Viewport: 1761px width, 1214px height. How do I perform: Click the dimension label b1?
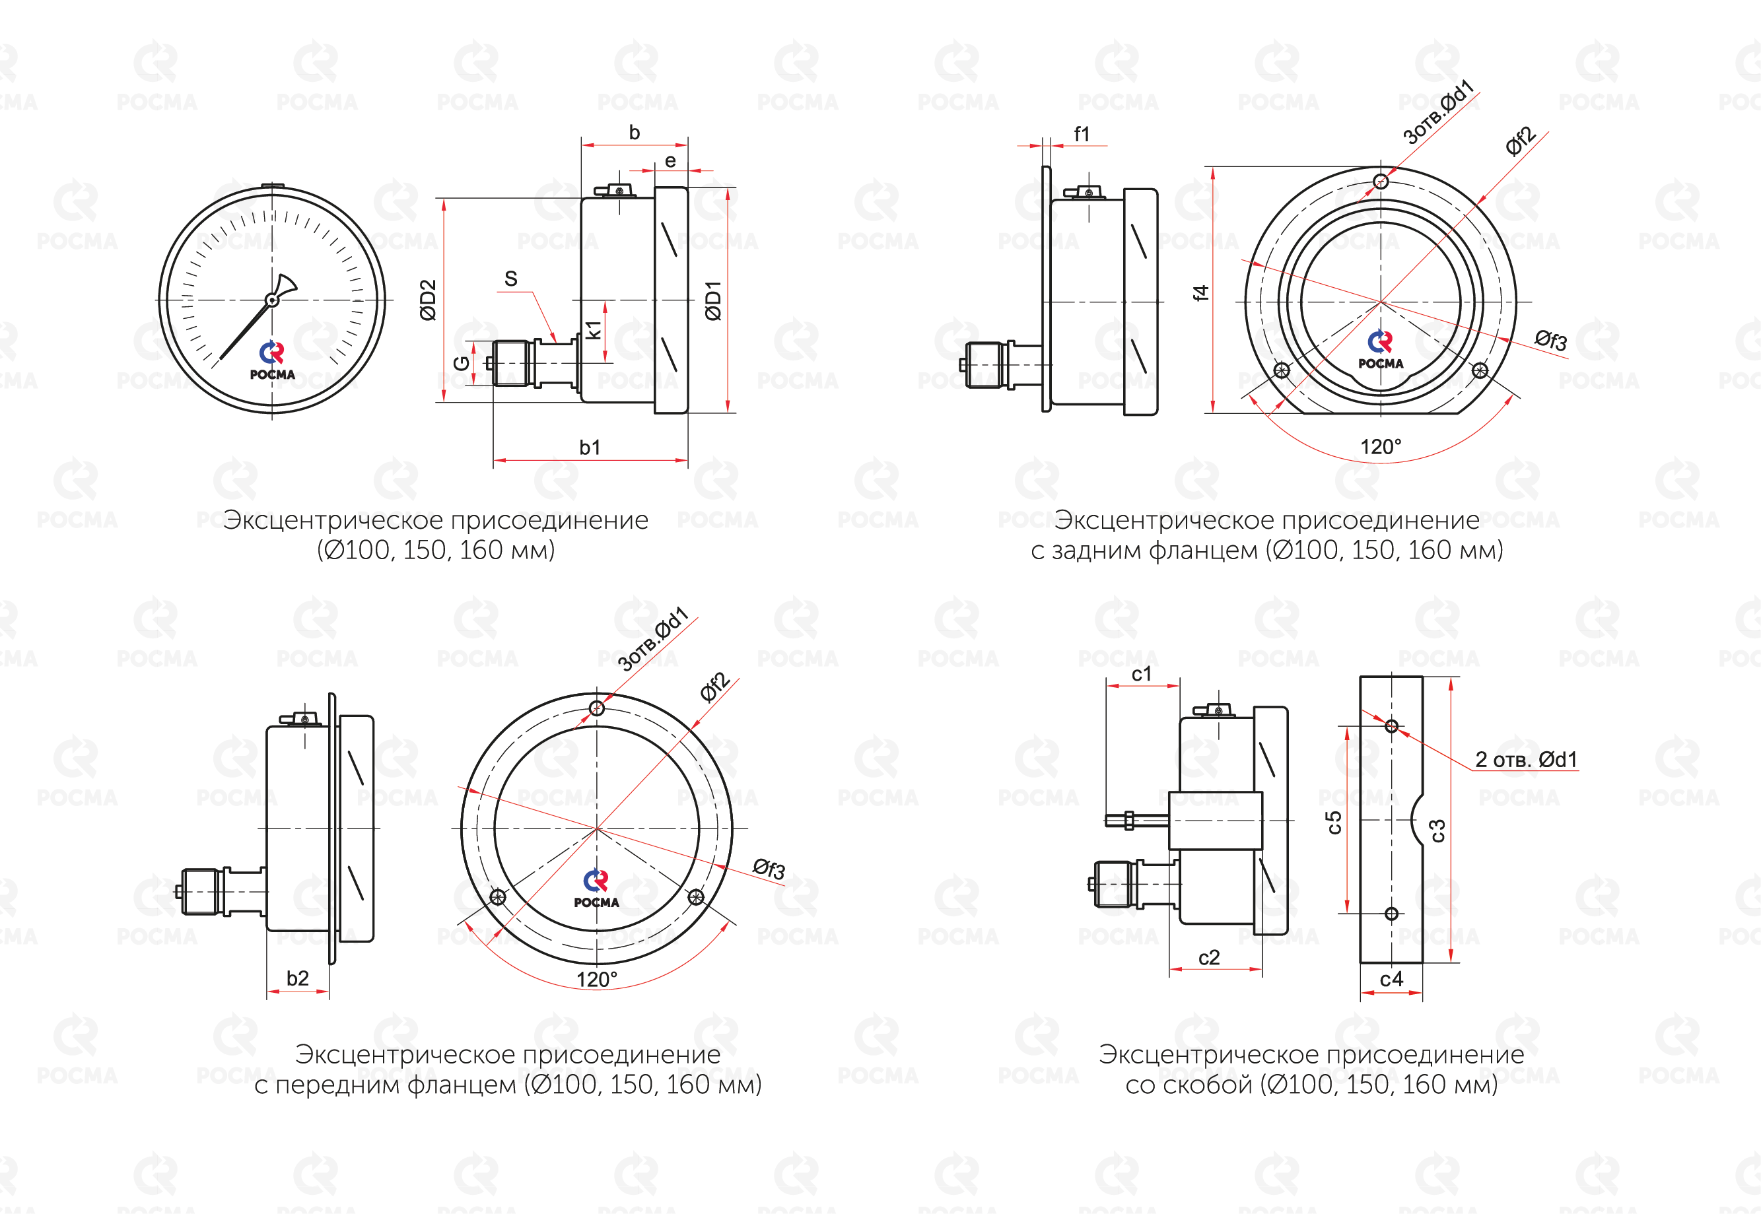(x=590, y=448)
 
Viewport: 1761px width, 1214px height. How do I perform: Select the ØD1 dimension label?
(x=712, y=300)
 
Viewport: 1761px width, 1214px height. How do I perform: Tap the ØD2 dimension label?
(x=429, y=300)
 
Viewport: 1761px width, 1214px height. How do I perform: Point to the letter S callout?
(x=511, y=279)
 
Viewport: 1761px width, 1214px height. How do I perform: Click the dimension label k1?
(x=594, y=329)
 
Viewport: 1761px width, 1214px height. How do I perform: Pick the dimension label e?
(x=670, y=160)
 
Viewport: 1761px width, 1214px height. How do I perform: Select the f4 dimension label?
(x=1200, y=293)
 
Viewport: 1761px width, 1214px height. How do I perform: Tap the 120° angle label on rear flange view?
(x=1381, y=446)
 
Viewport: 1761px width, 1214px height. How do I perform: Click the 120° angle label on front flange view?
(x=597, y=979)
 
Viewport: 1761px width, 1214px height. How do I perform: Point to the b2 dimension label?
(x=297, y=978)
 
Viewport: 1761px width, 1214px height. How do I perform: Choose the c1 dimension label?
(x=1142, y=674)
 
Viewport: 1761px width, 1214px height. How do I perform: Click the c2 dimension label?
(x=1209, y=958)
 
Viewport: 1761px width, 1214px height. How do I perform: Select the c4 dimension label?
(x=1391, y=979)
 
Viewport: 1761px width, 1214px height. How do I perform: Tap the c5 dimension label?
(x=1334, y=823)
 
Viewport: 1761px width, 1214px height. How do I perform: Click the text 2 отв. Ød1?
(x=1526, y=759)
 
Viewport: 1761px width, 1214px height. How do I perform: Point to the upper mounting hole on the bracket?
(x=1391, y=725)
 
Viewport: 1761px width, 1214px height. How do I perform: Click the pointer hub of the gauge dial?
(x=271, y=300)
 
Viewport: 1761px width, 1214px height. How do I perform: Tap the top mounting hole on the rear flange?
(x=1381, y=181)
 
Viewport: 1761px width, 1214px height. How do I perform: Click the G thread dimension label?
(x=461, y=364)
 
